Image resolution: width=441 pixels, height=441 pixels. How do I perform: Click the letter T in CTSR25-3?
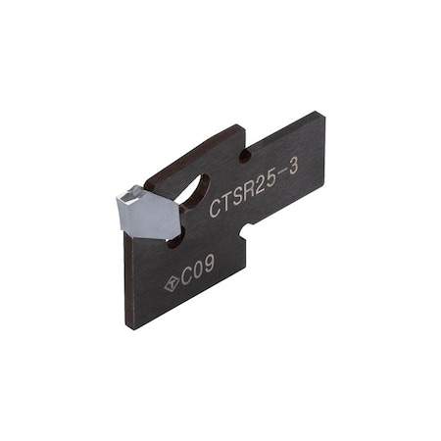[227, 202]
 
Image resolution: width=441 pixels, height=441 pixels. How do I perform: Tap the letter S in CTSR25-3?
[239, 197]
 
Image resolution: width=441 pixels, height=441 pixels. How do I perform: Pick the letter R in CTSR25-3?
[251, 192]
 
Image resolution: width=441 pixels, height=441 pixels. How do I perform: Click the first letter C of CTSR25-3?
[216, 207]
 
